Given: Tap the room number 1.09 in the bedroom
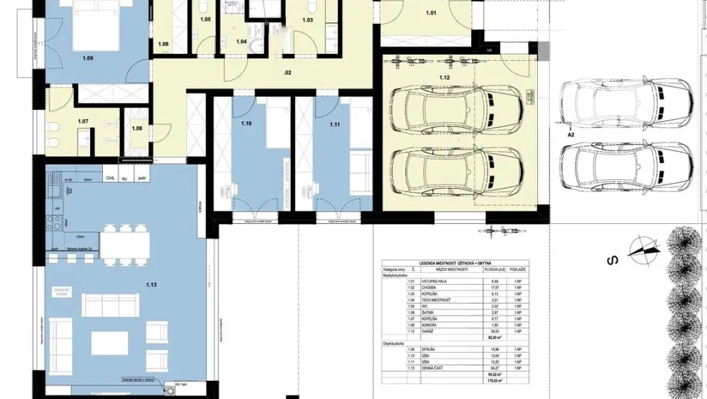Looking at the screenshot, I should [87, 58].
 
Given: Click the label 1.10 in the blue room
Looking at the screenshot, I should [245, 124].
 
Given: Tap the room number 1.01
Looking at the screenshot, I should [431, 13].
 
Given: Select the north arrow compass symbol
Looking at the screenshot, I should [644, 250].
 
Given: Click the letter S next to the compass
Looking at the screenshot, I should [610, 260].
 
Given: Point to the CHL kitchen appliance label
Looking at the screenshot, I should [110, 178].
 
